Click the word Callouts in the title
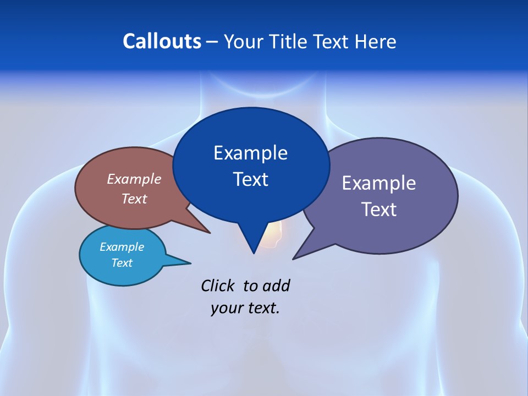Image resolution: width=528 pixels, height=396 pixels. (x=162, y=41)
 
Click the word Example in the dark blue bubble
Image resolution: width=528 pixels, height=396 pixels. (x=250, y=153)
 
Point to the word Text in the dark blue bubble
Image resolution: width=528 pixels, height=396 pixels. (x=250, y=179)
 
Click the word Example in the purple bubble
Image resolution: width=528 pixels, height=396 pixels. (x=379, y=183)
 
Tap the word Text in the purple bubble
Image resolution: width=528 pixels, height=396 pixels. (x=379, y=210)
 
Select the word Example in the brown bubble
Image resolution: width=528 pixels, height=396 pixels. (x=134, y=179)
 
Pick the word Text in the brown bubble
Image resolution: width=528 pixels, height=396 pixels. (x=134, y=199)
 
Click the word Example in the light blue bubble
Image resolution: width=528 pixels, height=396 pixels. (x=122, y=247)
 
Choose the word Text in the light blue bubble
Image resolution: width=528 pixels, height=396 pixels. (x=122, y=263)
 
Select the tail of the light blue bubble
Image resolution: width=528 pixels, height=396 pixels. (x=184, y=262)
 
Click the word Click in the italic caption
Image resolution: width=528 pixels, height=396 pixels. (x=218, y=285)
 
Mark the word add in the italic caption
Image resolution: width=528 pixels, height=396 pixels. (x=276, y=286)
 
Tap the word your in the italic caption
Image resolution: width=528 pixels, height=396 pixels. (x=226, y=308)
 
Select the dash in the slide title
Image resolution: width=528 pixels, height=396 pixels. (x=212, y=42)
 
